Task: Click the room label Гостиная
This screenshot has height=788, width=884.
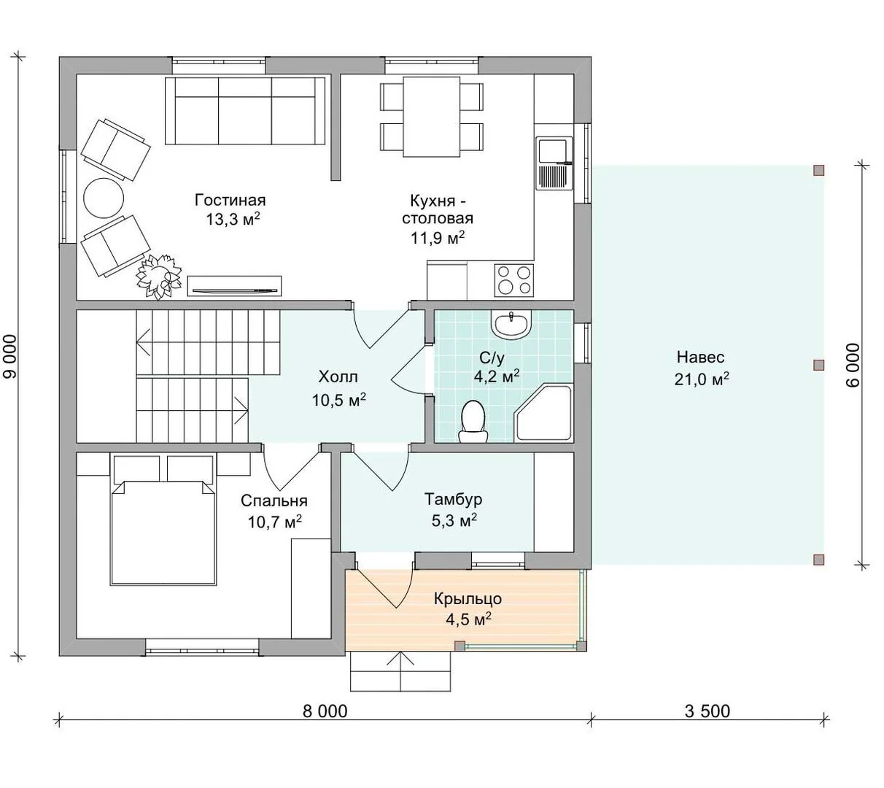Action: click(x=230, y=200)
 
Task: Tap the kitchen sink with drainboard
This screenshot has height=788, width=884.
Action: click(x=554, y=163)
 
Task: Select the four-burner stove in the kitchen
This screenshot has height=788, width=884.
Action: click(x=513, y=280)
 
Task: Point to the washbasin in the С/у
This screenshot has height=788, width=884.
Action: click(x=511, y=325)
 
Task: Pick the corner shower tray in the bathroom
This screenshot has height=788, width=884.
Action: click(x=543, y=412)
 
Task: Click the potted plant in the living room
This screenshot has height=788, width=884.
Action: click(x=158, y=277)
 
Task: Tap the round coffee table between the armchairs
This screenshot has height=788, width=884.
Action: click(x=104, y=198)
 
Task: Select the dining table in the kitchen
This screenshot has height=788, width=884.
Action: click(x=431, y=117)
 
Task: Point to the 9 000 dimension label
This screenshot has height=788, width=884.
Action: click(x=10, y=357)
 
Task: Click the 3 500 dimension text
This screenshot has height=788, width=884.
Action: click(x=707, y=711)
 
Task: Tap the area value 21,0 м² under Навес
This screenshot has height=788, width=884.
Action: click(x=702, y=379)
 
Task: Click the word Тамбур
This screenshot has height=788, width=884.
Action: click(x=454, y=498)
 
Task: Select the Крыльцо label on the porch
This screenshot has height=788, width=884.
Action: click(x=468, y=598)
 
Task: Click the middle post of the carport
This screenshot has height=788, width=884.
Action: click(x=819, y=365)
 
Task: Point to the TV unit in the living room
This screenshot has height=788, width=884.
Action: click(x=234, y=287)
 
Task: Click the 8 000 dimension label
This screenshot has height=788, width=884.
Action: click(x=325, y=711)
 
